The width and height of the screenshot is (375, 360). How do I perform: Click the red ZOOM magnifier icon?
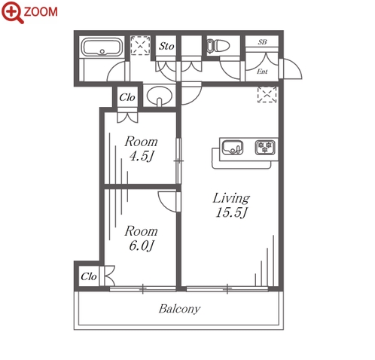point(12,12)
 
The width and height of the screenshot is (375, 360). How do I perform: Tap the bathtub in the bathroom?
point(102,47)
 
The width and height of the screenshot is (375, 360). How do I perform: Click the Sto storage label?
point(166,46)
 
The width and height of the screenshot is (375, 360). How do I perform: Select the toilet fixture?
point(218,46)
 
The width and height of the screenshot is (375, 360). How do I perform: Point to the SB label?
point(262,42)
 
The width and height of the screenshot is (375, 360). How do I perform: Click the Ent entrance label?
point(262,72)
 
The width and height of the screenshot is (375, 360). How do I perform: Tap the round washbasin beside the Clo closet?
point(160,96)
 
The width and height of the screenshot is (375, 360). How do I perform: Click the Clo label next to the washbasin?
point(127,97)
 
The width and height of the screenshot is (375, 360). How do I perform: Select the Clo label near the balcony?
point(89,276)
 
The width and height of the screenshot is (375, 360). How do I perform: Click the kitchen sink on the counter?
point(233,148)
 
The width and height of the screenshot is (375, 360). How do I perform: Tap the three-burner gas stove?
point(265,147)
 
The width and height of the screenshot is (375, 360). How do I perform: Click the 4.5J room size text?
point(141,156)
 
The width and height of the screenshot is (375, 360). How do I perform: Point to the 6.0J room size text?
point(141,246)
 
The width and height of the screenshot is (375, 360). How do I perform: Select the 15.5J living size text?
point(232,212)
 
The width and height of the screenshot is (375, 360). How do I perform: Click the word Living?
point(231,198)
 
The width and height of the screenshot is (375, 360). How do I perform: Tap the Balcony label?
point(179,309)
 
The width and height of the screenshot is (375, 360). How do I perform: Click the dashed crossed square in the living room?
point(267,94)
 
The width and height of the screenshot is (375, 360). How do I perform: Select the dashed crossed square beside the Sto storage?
point(140,45)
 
